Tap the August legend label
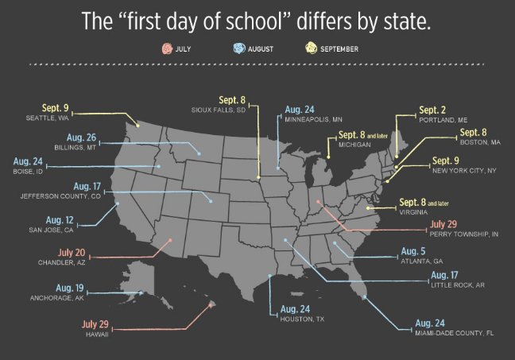coord(260,49)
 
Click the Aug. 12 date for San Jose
coord(60,219)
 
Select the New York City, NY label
coord(464,170)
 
